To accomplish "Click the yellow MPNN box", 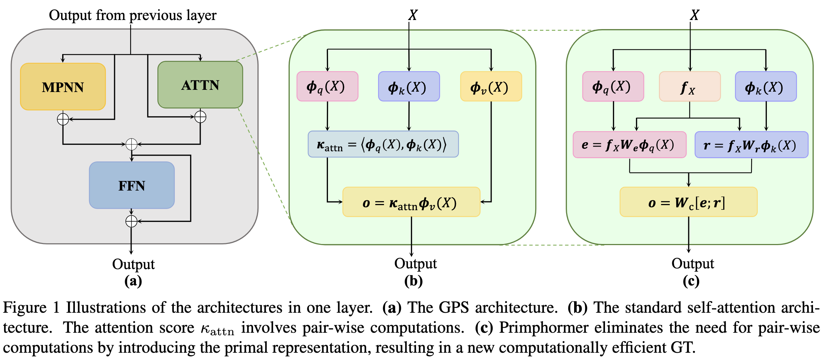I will click(x=63, y=87).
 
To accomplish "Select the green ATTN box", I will click(x=200, y=85).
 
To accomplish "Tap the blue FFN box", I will click(x=132, y=185).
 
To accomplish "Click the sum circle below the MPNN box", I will click(x=63, y=119).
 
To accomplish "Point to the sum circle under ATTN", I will click(x=200, y=117).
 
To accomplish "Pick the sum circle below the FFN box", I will click(x=131, y=221).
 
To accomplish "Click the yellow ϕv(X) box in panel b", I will click(x=491, y=86).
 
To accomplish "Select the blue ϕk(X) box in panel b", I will click(x=409, y=86).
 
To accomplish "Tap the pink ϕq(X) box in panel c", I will click(x=613, y=86).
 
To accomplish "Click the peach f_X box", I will click(x=690, y=86).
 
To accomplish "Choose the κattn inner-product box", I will click(x=383, y=144).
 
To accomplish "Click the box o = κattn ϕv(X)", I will click(x=411, y=202).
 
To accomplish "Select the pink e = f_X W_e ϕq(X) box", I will click(x=629, y=145).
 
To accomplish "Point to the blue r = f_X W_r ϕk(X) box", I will click(x=751, y=145).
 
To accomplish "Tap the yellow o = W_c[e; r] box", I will click(x=688, y=202).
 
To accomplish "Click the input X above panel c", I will click(x=694, y=15).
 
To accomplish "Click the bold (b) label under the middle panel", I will click(x=413, y=281).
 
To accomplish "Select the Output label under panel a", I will click(x=133, y=264).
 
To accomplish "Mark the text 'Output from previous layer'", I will click(x=133, y=15).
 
